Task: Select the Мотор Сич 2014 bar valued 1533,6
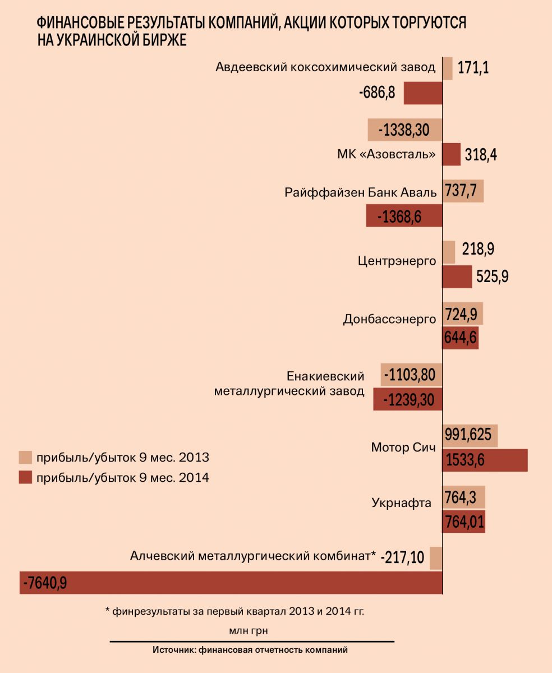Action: coord(485,460)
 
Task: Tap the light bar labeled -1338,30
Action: coord(405,130)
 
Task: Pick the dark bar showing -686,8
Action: coord(423,93)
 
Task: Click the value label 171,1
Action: coord(473,69)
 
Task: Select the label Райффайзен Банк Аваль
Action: coord(360,192)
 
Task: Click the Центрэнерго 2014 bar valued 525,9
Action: coord(457,276)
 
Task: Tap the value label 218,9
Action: coord(478,250)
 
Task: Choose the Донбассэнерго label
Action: coord(389,319)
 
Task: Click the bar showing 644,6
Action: coord(461,338)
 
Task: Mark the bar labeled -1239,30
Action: coord(408,399)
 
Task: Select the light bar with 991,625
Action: coord(470,435)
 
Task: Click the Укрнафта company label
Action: coord(401,503)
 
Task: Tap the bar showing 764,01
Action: coord(464,522)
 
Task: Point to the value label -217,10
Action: coord(402,558)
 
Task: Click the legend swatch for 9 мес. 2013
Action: coord(25,457)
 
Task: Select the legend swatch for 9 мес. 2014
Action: coord(25,478)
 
